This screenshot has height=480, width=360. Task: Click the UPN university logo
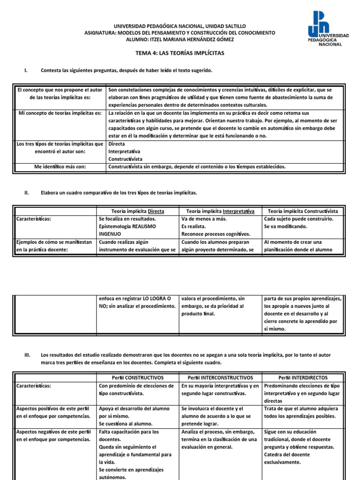[328, 29]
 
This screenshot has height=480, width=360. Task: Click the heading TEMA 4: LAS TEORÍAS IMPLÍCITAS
[180, 53]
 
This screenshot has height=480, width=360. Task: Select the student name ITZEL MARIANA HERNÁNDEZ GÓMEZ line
[180, 39]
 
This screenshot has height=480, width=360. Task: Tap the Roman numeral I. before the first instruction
[26, 70]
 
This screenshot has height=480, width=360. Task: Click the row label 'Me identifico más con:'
[59, 166]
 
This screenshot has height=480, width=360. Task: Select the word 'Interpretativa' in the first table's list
[124, 151]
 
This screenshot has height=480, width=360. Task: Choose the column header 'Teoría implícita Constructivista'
[302, 211]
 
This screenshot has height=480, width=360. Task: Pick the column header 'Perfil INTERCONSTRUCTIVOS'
[220, 377]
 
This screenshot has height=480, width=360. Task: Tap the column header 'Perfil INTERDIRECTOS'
[303, 377]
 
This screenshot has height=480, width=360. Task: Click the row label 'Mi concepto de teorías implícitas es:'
[59, 113]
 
